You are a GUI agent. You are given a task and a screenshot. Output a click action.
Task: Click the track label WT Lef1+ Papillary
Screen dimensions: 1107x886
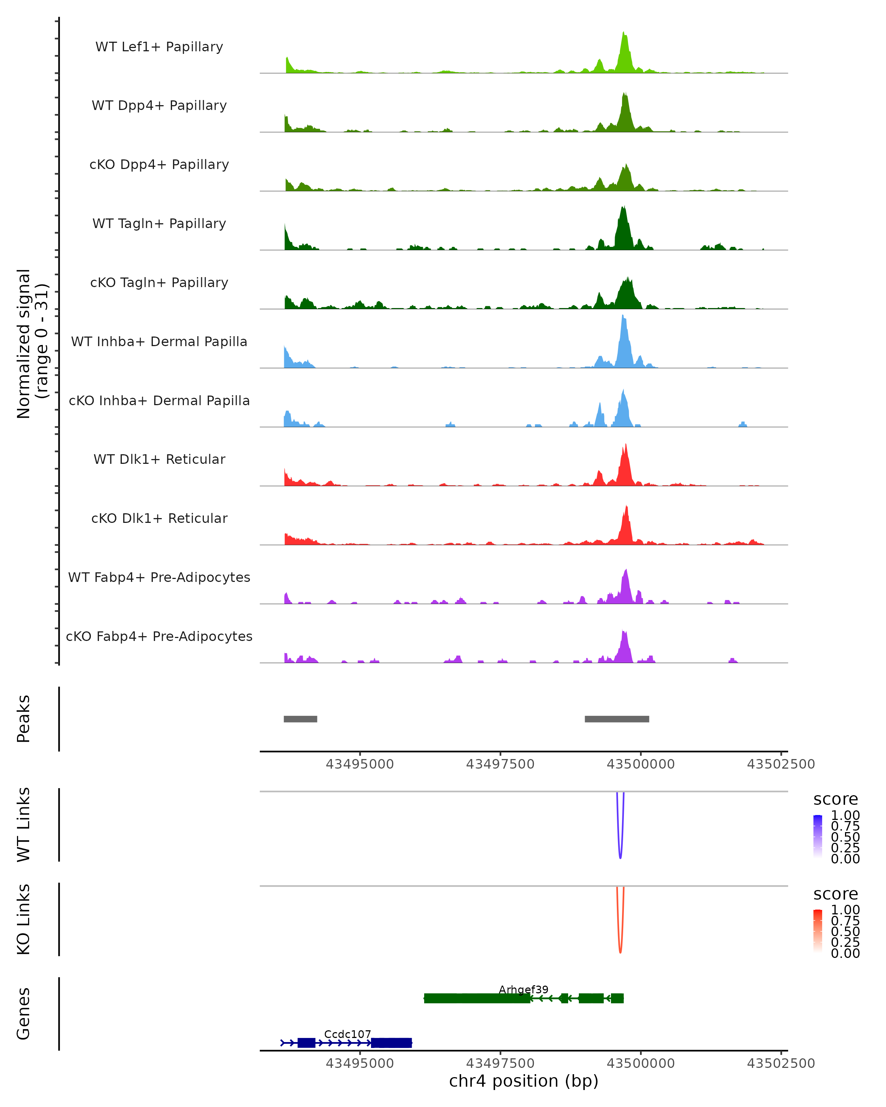159,47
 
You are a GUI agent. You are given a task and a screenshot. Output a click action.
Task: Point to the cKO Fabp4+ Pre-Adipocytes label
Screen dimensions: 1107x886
159,636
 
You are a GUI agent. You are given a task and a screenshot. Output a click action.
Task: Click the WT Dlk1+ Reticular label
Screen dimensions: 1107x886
159,459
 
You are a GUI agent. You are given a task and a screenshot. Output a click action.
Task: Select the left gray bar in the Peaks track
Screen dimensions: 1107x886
301,719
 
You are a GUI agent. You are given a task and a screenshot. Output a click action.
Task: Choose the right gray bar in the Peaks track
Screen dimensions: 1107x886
617,719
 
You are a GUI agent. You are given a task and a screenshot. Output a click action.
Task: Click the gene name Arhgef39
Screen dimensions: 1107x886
523,989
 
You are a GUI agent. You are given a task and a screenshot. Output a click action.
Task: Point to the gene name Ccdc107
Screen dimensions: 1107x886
347,1034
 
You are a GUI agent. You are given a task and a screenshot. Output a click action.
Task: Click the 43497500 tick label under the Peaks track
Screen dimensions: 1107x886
500,765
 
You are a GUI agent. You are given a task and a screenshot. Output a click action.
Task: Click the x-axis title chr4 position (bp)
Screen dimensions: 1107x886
523,1081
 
